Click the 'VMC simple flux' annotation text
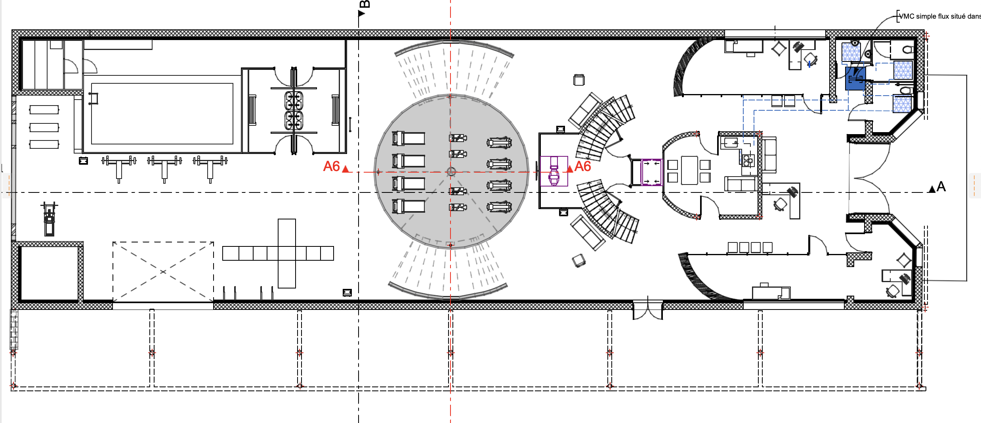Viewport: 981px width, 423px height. coord(939,16)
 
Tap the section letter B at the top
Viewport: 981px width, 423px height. coord(365,4)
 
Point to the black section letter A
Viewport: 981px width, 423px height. coord(941,187)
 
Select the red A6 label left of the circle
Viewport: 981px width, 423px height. coord(332,166)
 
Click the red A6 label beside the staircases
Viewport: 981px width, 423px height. coord(582,166)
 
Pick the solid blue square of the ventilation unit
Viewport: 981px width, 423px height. coord(855,78)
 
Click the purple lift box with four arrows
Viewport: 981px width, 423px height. coord(652,172)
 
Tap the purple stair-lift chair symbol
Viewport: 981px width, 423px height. coord(554,171)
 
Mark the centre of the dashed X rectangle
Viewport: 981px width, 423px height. coord(163,272)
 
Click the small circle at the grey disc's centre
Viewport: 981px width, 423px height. coord(451,172)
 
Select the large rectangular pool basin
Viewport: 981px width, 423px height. coord(162,113)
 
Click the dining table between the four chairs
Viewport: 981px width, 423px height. coord(689,170)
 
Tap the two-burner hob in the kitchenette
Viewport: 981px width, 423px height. coord(748,160)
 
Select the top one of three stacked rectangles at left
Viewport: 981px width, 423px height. coord(44,110)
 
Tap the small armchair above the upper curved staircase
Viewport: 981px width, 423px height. coord(579,80)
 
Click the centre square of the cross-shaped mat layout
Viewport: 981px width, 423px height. coord(286,253)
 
